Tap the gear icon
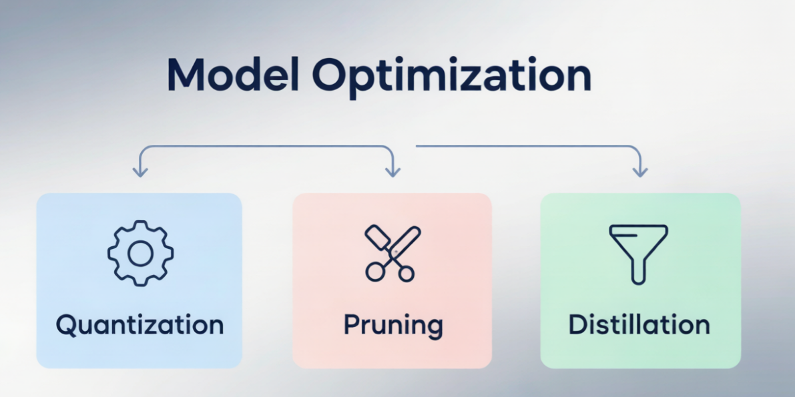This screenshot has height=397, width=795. pyautogui.click(x=140, y=253)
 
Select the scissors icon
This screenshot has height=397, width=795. pyautogui.click(x=392, y=253)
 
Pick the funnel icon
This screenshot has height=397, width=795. pyautogui.click(x=638, y=254)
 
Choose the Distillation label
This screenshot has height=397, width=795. pyautogui.click(x=639, y=324)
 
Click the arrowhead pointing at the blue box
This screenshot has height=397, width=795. pyautogui.click(x=140, y=172)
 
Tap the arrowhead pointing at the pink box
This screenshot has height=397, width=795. pyautogui.click(x=392, y=172)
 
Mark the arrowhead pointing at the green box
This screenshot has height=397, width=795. pyautogui.click(x=640, y=172)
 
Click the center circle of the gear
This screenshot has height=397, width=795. pyautogui.click(x=140, y=254)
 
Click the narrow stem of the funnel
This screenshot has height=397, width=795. pyautogui.click(x=638, y=272)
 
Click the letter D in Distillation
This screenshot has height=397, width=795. pyautogui.click(x=578, y=325)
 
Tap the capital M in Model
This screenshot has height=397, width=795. pyautogui.click(x=186, y=75)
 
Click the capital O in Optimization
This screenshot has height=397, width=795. pyautogui.click(x=330, y=75)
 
